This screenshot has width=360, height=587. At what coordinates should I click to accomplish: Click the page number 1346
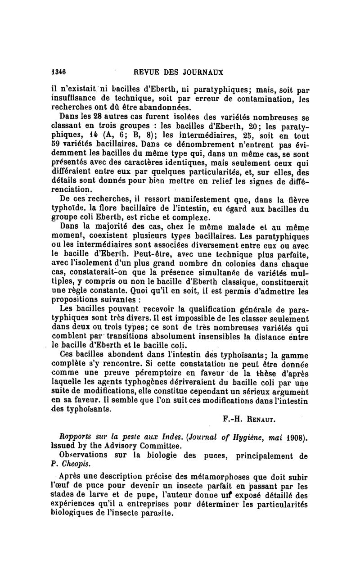[58, 72]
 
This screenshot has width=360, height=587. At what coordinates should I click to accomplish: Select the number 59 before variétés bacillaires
[57, 145]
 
